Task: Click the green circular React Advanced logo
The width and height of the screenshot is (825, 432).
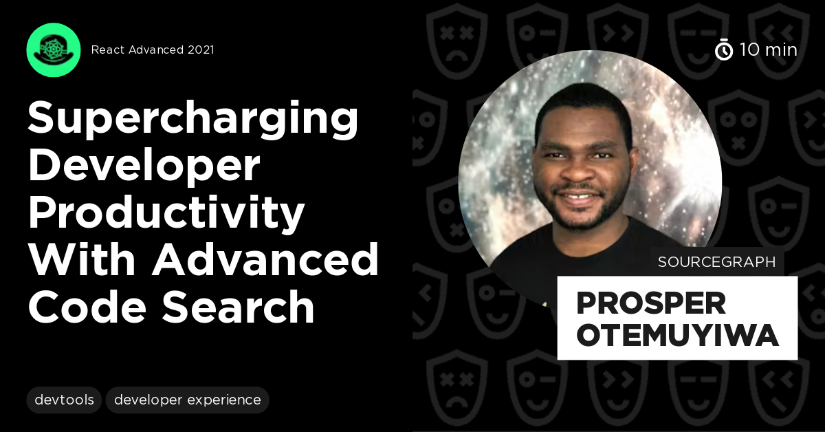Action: (54, 50)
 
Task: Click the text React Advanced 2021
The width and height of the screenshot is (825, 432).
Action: (153, 50)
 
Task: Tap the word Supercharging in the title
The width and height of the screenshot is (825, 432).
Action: (193, 118)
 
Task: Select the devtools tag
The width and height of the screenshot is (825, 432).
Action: (64, 400)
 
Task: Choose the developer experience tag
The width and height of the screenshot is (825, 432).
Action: (187, 400)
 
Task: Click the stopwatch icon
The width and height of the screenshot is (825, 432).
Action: (724, 50)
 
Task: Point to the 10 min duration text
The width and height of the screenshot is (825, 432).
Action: (769, 50)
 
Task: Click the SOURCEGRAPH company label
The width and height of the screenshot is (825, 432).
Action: (717, 262)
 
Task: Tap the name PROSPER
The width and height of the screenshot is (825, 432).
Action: (650, 303)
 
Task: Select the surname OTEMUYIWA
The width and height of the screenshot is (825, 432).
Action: (677, 336)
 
